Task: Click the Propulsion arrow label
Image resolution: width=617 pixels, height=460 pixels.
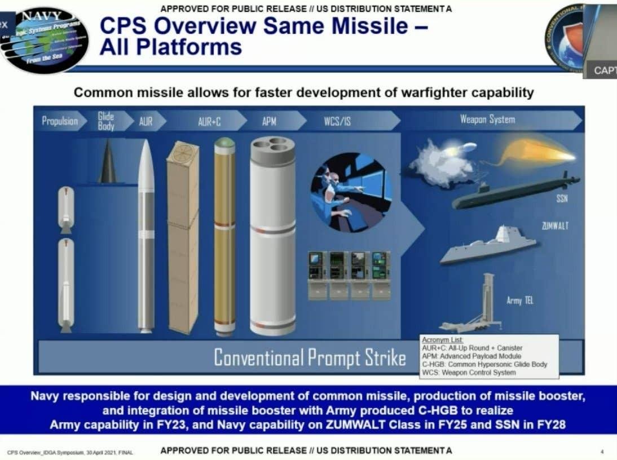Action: pos(60,121)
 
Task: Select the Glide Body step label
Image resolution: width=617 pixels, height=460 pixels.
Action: pos(106,121)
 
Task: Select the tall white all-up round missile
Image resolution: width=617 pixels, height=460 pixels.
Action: pos(146,237)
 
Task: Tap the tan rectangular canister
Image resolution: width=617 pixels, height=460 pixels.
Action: pos(183,237)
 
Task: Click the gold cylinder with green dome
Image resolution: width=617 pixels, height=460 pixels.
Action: pos(224,237)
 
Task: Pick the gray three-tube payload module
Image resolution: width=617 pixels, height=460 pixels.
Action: pos(272,237)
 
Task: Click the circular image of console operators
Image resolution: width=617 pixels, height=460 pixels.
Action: pos(351,192)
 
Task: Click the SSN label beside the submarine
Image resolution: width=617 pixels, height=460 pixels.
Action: pos(562,200)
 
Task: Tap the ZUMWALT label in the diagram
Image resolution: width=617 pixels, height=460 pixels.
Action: pos(555,225)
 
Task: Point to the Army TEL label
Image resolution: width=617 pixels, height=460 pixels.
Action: pos(519,301)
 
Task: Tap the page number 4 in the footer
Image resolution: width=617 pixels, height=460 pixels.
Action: pos(602,452)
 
